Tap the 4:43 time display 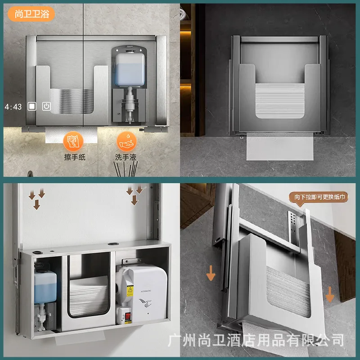pos(13,107)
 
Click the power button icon pos(46,107)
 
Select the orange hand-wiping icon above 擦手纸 pos(73,140)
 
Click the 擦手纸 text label pos(74,157)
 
